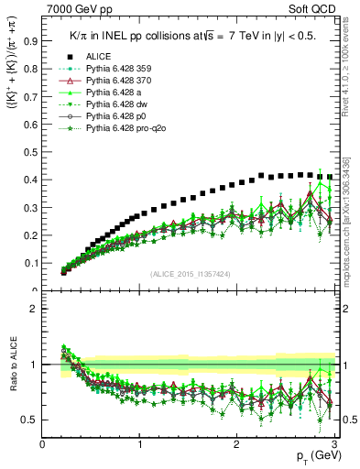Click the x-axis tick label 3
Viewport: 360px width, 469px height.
click(333, 444)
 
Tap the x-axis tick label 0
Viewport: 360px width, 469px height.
click(43, 444)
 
